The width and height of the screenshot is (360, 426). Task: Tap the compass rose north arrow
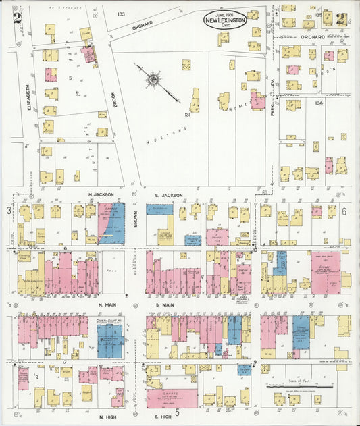155,81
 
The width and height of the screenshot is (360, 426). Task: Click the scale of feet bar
302,388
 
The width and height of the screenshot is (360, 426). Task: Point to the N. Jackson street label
99,195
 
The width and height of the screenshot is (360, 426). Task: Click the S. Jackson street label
170,195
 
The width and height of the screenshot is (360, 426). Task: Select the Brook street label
115,99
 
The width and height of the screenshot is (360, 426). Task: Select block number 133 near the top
121,14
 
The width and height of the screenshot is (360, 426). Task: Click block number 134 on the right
319,102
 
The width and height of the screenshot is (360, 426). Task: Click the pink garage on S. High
172,398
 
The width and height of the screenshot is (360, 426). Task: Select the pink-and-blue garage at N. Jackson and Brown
112,223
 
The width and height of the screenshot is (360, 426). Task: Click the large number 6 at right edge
344,212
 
